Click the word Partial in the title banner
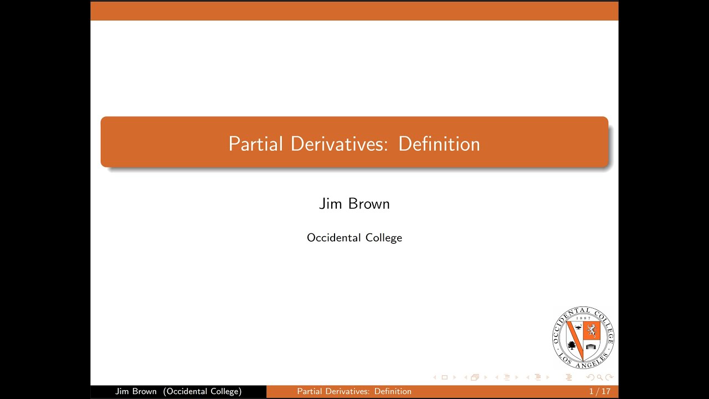[256, 144]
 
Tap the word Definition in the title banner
[439, 144]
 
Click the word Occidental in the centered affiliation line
[332, 238]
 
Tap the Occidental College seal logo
[583, 337]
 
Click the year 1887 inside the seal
[583, 318]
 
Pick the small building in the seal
[591, 347]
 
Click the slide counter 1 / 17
[599, 391]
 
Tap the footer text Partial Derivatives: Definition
[354, 391]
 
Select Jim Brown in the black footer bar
[136, 391]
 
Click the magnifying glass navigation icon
[600, 377]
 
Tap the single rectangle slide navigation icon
[444, 377]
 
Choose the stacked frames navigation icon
[475, 377]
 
